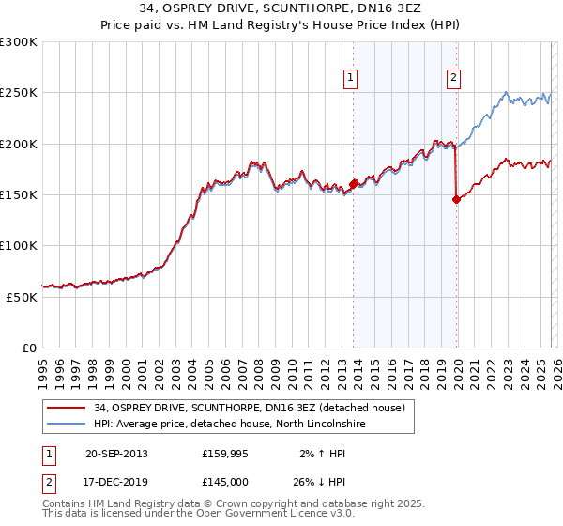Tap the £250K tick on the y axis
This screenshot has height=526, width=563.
[x=19, y=93]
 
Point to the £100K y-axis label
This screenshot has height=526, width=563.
[x=19, y=245]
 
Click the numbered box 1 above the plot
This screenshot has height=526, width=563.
[x=351, y=78]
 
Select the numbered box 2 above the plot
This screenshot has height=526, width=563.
[x=453, y=78]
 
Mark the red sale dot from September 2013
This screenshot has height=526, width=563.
[x=354, y=184]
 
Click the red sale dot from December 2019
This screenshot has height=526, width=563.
[x=457, y=199]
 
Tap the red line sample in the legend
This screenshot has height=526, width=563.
[x=68, y=408]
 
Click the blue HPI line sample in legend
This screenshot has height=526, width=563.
[x=68, y=424]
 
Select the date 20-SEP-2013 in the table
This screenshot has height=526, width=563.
[x=115, y=454]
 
